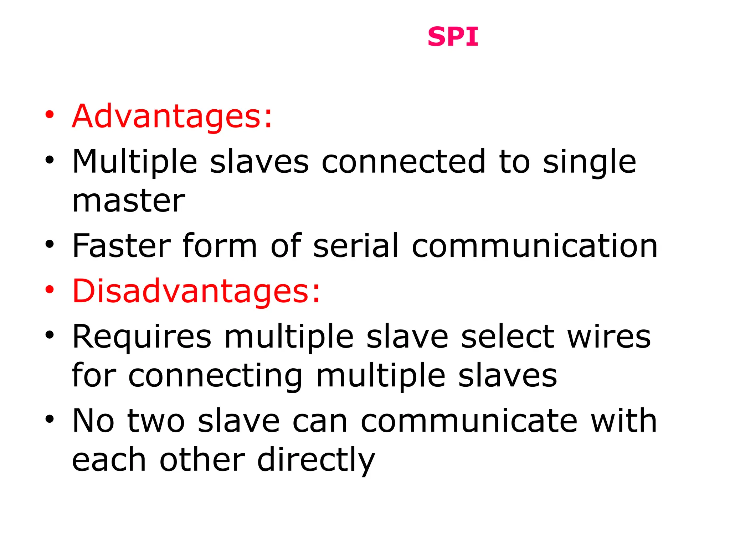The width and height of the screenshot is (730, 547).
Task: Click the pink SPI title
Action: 453,37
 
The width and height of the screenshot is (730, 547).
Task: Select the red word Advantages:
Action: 172,116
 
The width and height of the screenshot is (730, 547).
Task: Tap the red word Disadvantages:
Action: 196,291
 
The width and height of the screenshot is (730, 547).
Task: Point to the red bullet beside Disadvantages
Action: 50,290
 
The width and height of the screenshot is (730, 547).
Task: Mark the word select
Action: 508,337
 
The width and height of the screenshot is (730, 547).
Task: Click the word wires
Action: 609,337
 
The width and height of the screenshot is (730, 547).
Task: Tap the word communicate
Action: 469,421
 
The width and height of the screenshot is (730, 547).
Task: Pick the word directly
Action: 316,461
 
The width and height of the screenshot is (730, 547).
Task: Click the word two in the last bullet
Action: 156,422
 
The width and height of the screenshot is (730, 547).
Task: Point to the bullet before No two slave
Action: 50,419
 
